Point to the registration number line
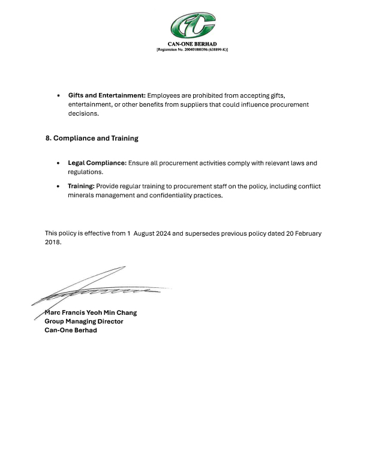(192, 50)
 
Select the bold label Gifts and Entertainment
(107, 96)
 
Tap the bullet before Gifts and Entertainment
(58, 96)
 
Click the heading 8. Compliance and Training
(92, 139)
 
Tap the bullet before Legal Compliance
(58, 163)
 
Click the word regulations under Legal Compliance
(85, 172)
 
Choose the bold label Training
(81, 187)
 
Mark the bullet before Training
(58, 187)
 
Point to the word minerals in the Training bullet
(82, 196)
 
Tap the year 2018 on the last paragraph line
(52, 243)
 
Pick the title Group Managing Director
(84, 321)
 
